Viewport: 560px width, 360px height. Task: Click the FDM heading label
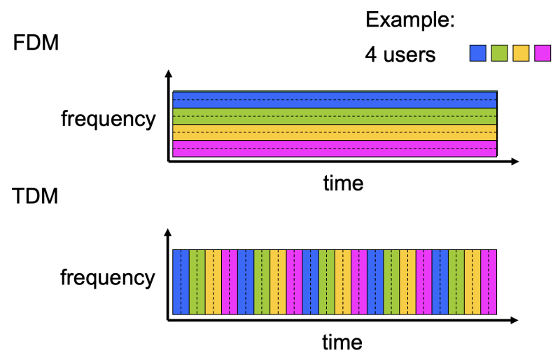click(x=36, y=43)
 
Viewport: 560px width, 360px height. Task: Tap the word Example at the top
click(x=410, y=20)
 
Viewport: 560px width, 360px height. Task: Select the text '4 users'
click(x=400, y=54)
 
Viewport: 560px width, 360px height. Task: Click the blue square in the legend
click(x=478, y=53)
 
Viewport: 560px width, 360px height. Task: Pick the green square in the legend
click(x=499, y=53)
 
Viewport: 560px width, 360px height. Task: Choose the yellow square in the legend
click(x=521, y=53)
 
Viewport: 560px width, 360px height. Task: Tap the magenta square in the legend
click(x=542, y=53)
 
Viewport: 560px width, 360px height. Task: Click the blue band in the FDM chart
click(x=335, y=99)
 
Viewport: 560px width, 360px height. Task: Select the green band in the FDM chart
click(x=335, y=116)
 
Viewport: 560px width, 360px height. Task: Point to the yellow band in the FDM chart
click(x=335, y=132)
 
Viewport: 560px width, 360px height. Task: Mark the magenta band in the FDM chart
click(x=335, y=148)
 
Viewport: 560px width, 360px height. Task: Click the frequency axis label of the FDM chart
click(x=108, y=118)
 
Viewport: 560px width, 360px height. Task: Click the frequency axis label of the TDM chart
click(x=108, y=277)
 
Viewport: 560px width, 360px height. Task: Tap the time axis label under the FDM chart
click(x=343, y=184)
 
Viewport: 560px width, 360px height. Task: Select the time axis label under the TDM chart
click(x=342, y=342)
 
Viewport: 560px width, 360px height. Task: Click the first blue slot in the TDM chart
click(x=181, y=282)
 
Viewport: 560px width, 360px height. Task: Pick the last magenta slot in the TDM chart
click(x=489, y=282)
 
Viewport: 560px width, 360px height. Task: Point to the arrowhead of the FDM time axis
click(x=514, y=162)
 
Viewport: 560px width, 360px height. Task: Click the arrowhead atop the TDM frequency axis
click(x=168, y=232)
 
